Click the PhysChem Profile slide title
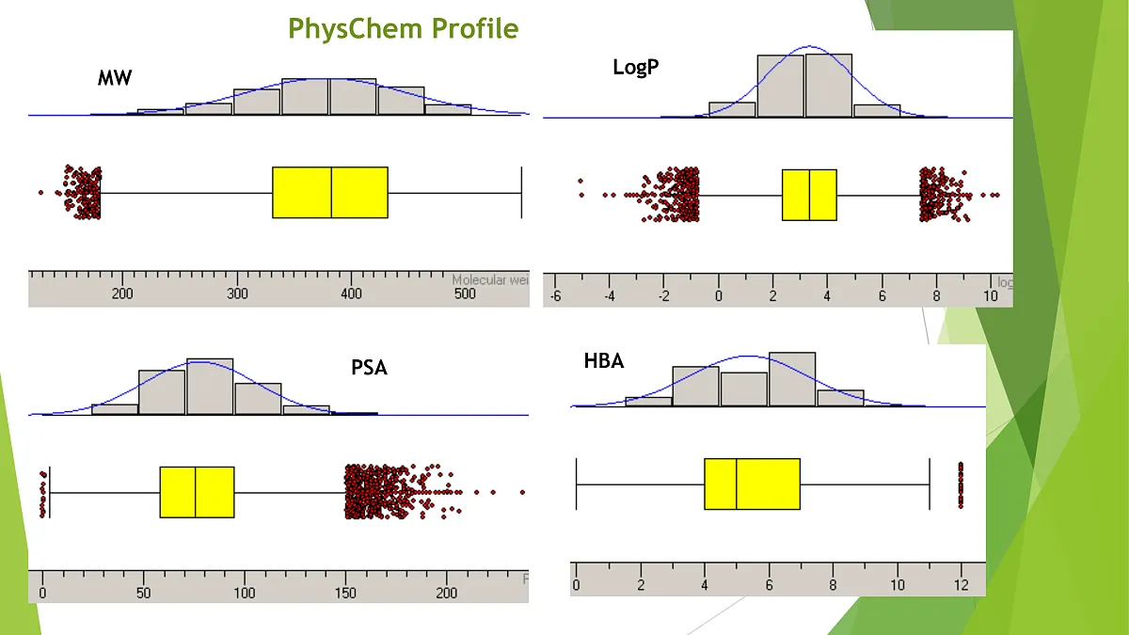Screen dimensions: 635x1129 (x=403, y=28)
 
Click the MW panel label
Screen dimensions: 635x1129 (x=115, y=78)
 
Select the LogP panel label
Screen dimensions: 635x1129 (x=635, y=67)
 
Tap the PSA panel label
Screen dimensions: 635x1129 (x=369, y=367)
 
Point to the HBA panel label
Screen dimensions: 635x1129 (x=603, y=360)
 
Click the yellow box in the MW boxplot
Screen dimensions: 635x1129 (x=330, y=192)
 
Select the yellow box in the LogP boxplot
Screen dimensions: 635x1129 (x=809, y=195)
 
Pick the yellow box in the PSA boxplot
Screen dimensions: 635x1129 (x=197, y=492)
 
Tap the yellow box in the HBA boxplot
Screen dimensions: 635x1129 (x=752, y=484)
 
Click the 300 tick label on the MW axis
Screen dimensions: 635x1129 (x=237, y=294)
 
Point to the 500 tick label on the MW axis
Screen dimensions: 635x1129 (x=465, y=294)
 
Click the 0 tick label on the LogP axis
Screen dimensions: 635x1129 (x=719, y=295)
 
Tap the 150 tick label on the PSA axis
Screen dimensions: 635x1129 (x=345, y=593)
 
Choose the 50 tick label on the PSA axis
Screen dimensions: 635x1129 (x=143, y=593)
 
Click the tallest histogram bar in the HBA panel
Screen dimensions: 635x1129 (x=792, y=379)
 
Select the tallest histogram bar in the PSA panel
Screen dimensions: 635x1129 (x=210, y=386)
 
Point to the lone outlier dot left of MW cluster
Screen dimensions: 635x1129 (x=40, y=192)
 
